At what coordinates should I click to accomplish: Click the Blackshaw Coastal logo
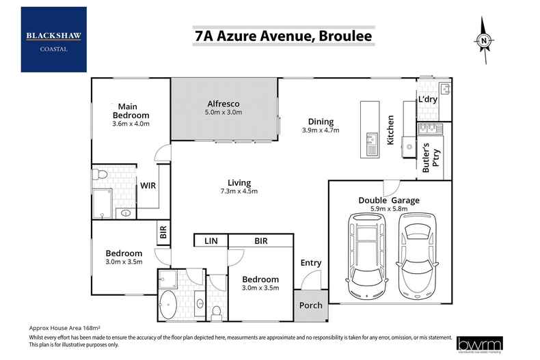(54, 39)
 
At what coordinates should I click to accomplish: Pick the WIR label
(148, 184)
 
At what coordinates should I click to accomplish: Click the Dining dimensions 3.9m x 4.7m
(321, 130)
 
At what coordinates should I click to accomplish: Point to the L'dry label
(427, 100)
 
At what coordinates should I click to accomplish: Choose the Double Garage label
(389, 200)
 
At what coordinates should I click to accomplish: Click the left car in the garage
(367, 255)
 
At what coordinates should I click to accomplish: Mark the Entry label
(311, 263)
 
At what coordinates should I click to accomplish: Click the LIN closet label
(211, 241)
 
